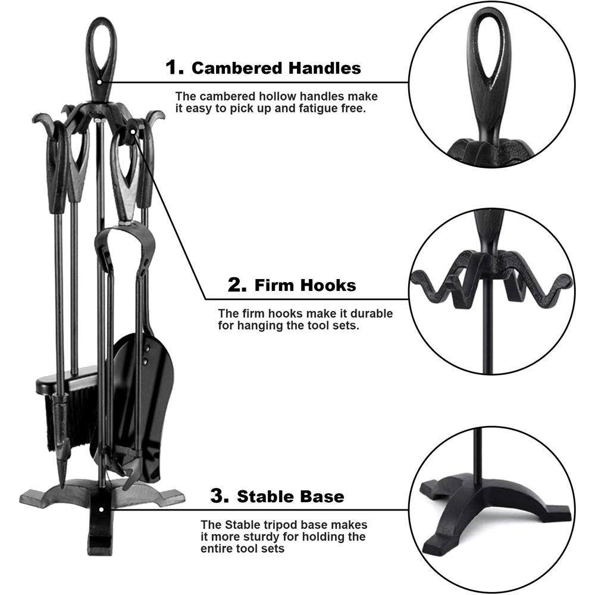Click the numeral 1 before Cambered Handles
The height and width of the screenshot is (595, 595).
[174, 67]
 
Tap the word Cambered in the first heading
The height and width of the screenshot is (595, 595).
[237, 68]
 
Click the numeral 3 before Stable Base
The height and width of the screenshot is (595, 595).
[220, 496]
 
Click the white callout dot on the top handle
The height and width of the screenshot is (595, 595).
[99, 82]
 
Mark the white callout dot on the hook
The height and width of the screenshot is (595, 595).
[133, 131]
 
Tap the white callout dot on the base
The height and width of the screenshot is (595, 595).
[101, 509]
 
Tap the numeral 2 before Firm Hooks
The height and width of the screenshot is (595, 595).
[237, 285]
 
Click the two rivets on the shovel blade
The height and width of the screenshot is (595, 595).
[146, 355]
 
